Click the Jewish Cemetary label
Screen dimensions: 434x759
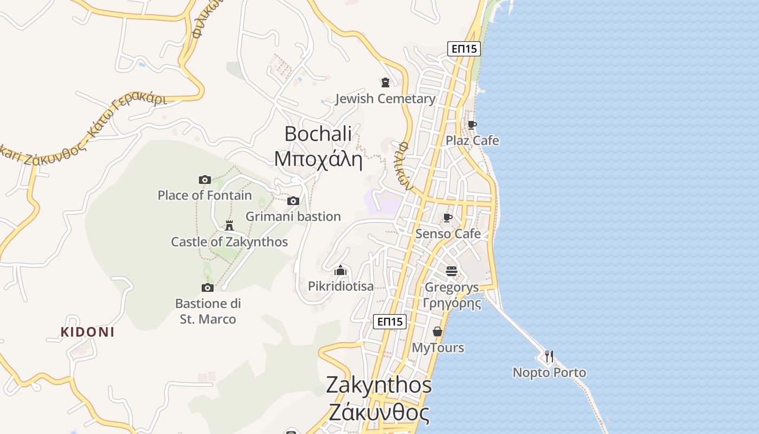coord(385,99)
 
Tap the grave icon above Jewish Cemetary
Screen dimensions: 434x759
coord(385,82)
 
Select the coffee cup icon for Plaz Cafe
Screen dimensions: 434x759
coord(472,125)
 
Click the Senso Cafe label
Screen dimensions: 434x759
coord(448,234)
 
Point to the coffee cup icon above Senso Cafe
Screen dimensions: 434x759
coord(448,218)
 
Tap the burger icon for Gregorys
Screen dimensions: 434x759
coord(452,271)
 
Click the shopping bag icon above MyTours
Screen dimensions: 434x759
coord(438,331)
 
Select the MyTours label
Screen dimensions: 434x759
coord(438,348)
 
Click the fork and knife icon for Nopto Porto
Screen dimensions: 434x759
coord(549,356)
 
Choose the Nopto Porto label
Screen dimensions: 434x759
coord(549,373)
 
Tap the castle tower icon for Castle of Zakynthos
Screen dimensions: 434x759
coord(229,225)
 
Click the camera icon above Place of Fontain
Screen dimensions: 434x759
coord(204,180)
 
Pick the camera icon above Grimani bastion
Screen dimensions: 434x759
coord(293,201)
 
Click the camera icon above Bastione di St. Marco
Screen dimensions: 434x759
coord(208,288)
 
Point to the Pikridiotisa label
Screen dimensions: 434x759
coord(340,286)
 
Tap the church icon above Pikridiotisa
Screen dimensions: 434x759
coord(340,270)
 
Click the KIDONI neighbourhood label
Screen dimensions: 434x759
coord(87,332)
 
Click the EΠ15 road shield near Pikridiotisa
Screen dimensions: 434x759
coord(390,322)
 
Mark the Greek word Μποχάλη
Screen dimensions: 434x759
coord(318,159)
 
